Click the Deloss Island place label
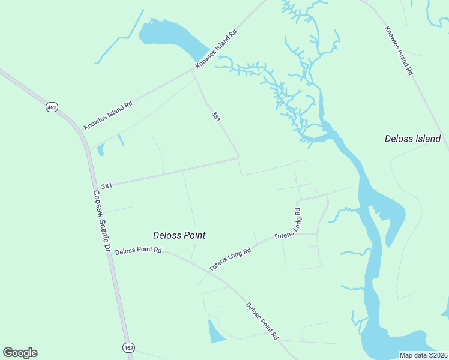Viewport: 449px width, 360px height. click(412, 139)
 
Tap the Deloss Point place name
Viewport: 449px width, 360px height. click(179, 235)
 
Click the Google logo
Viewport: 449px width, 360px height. click(20, 353)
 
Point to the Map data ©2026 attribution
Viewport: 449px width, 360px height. click(423, 355)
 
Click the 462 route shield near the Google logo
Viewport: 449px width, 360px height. click(128, 347)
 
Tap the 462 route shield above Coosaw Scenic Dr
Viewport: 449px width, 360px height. click(52, 107)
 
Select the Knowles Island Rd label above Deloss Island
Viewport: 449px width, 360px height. click(399, 50)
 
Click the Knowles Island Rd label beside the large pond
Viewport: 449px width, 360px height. click(216, 50)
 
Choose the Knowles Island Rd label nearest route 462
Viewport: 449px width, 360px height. click(108, 116)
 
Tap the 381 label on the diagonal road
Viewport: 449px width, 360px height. click(215, 116)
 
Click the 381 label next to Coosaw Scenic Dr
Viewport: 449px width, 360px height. click(107, 186)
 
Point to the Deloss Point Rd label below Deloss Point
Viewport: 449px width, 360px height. click(139, 250)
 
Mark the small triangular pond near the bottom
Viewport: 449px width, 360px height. click(214, 332)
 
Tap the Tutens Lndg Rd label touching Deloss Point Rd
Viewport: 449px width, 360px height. click(229, 259)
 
